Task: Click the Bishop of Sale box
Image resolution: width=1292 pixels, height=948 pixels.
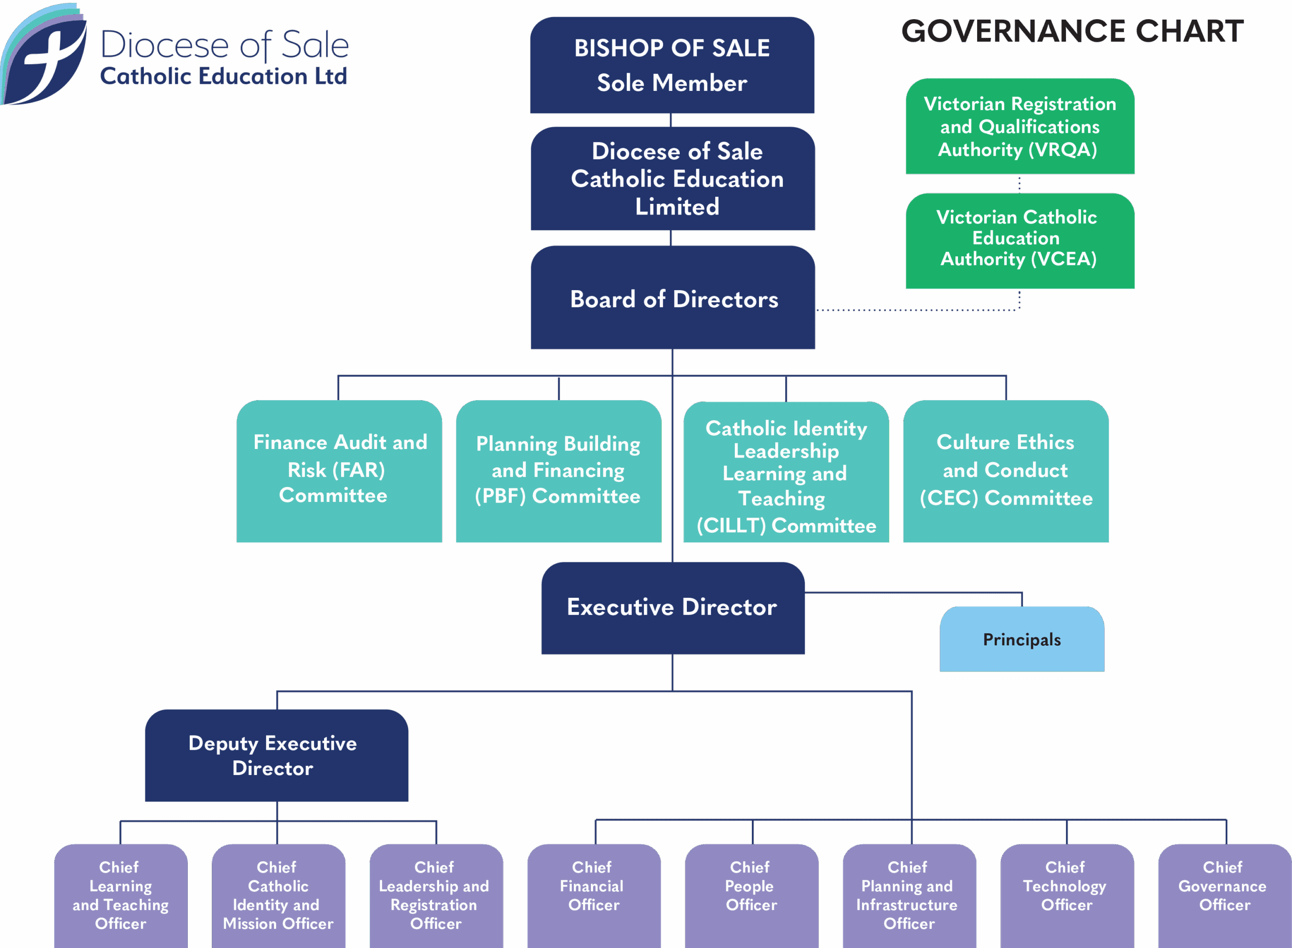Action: click(x=672, y=65)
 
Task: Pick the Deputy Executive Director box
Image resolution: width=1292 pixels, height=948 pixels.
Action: click(x=276, y=755)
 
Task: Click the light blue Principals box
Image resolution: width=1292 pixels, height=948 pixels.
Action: click(x=1021, y=639)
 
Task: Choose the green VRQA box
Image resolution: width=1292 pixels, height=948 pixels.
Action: click(x=1020, y=126)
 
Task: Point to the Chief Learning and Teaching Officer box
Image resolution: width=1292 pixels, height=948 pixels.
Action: click(x=121, y=895)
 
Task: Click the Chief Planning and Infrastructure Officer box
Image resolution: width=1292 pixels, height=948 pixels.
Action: click(x=908, y=895)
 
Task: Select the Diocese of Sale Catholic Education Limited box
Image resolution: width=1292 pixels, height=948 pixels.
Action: click(x=672, y=179)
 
